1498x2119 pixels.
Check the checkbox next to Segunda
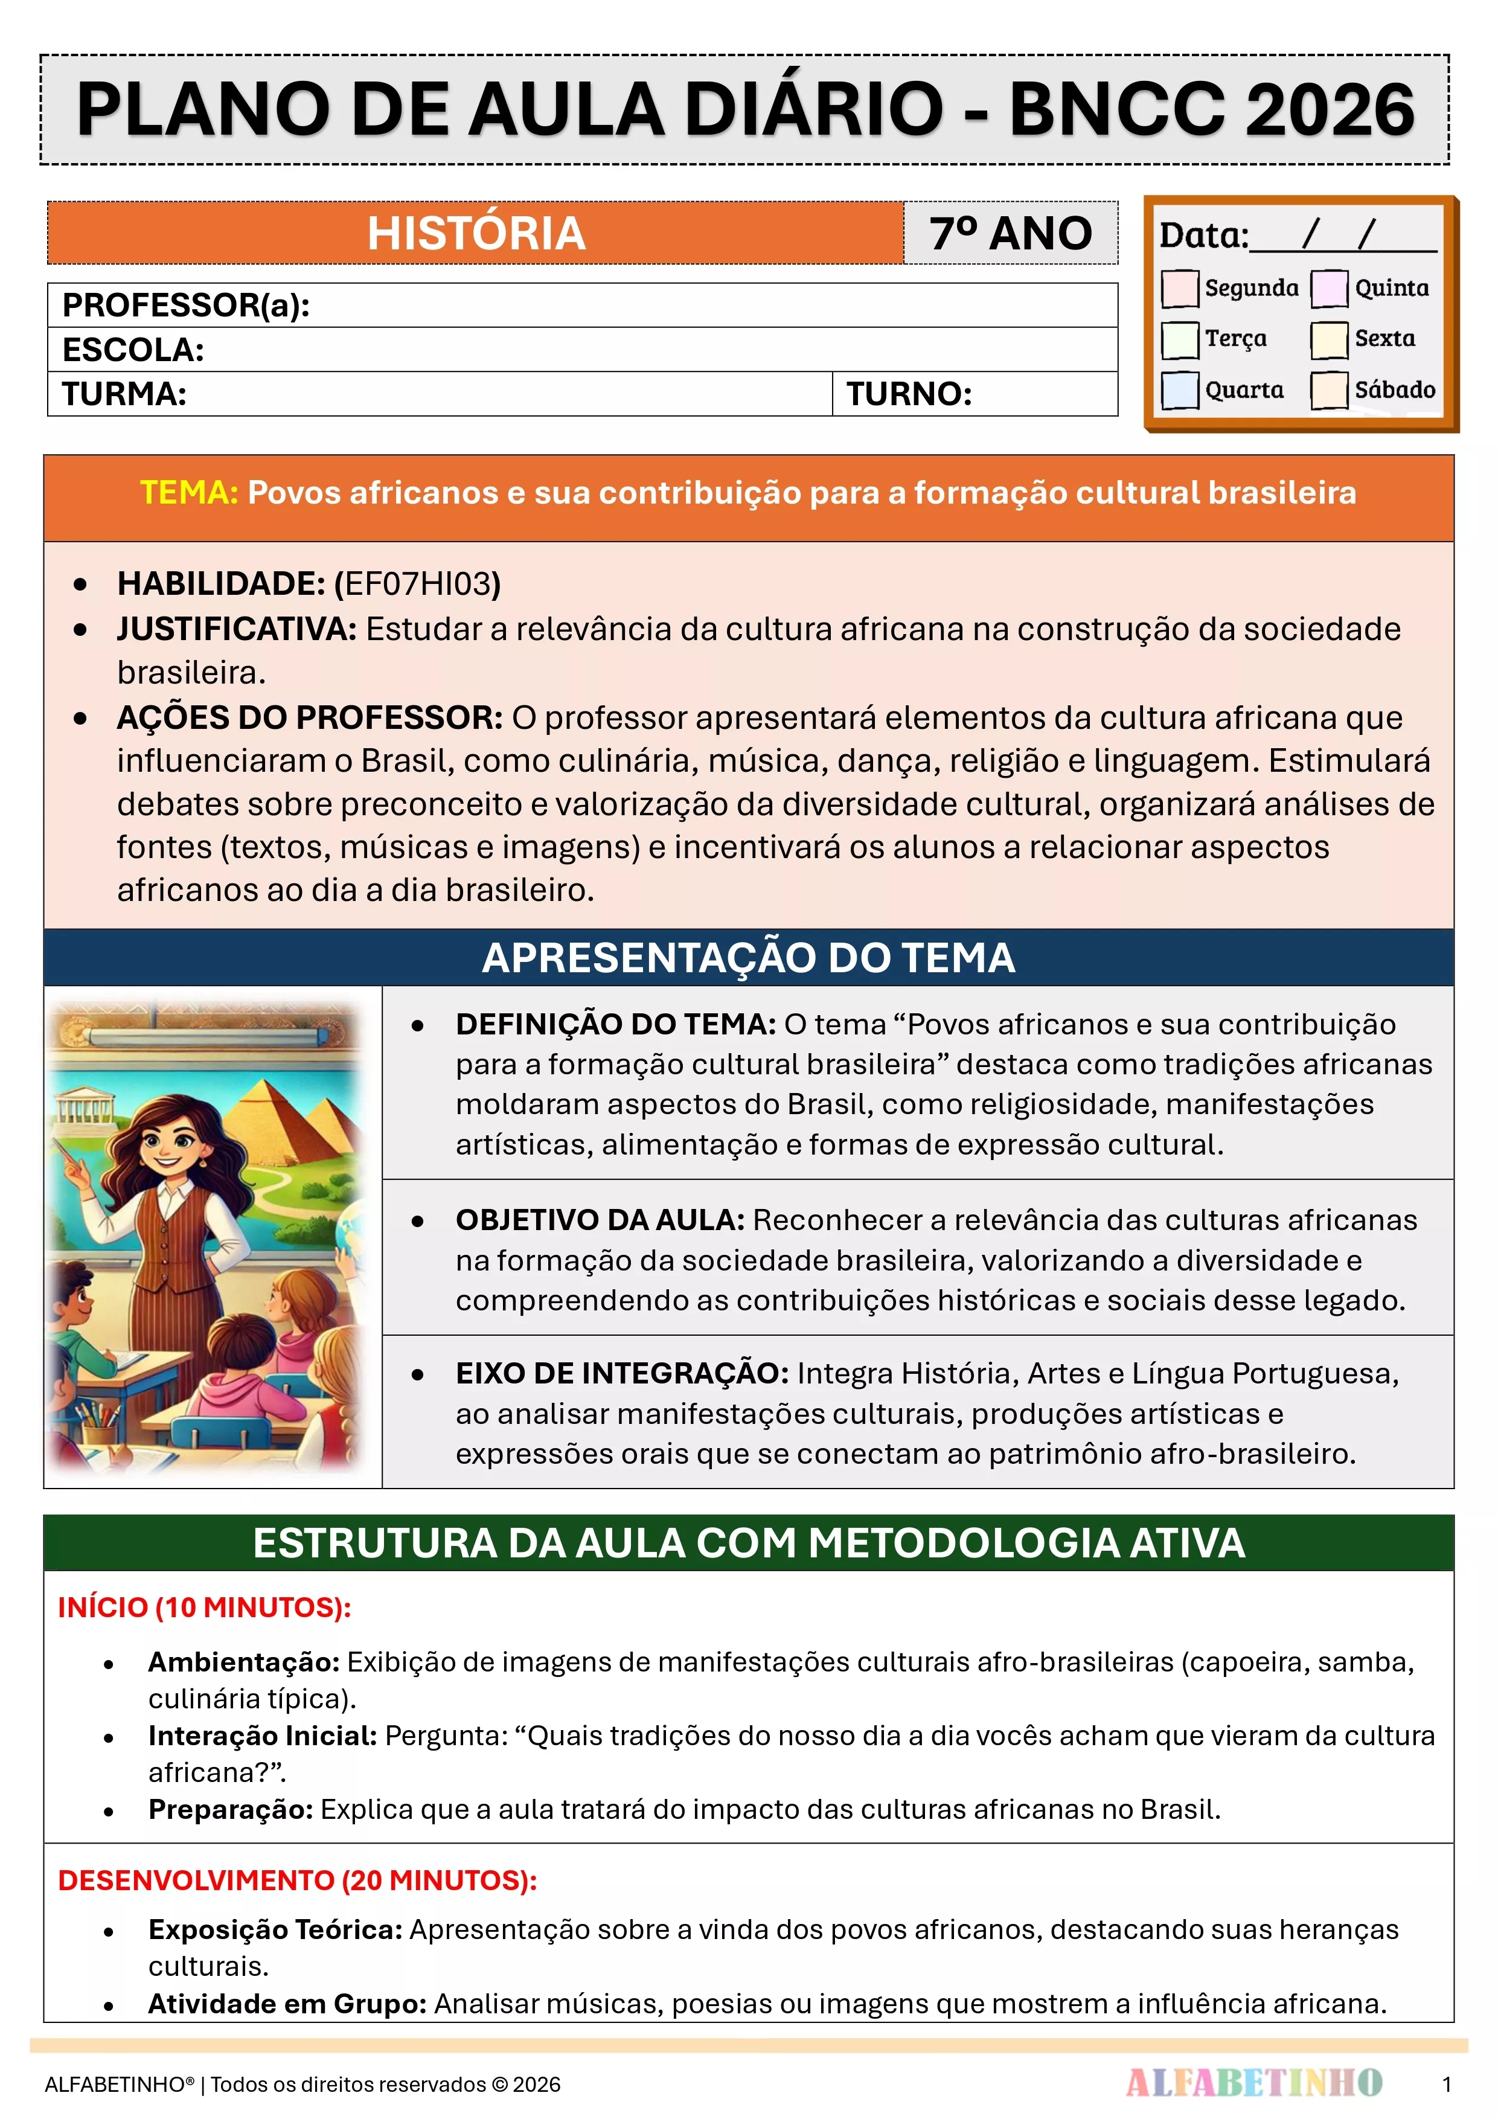[1180, 288]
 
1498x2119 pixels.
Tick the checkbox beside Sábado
[1329, 389]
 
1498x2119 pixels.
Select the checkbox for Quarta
[1180, 389]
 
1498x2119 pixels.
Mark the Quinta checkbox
[1329, 288]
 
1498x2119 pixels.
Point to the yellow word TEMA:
[189, 493]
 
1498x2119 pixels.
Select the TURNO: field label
[909, 394]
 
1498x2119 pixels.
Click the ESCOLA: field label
[133, 350]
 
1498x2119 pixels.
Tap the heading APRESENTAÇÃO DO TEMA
[749, 958]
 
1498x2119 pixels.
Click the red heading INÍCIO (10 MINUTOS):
[204, 1608]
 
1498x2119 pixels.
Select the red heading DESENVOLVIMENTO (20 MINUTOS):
[297, 1881]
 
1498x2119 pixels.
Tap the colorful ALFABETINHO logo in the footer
[1253, 2083]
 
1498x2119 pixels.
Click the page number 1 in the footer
[1446, 2084]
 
